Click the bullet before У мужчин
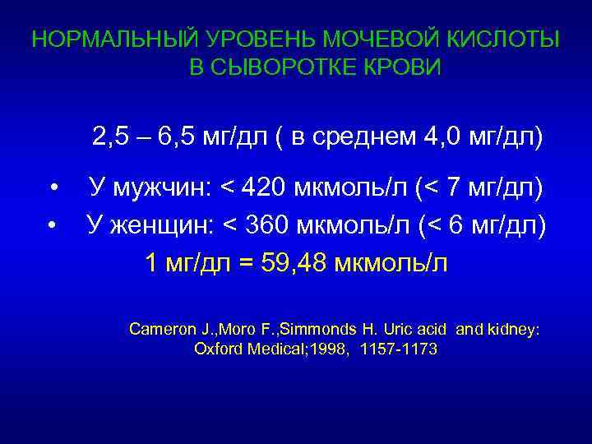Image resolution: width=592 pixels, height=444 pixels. click(x=53, y=191)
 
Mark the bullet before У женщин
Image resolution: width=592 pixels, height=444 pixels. click(x=53, y=224)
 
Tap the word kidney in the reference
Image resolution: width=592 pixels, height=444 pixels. click(x=515, y=329)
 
